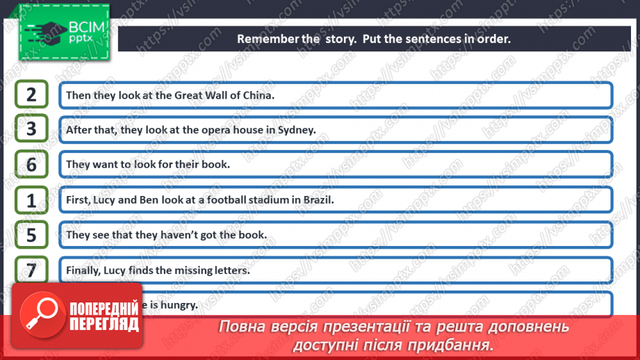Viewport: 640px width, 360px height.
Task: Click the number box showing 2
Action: tap(31, 95)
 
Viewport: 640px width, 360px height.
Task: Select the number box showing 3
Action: tap(31, 129)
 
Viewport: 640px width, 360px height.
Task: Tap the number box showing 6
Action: tap(31, 165)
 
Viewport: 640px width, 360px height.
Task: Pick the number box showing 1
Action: tap(31, 200)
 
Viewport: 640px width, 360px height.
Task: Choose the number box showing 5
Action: tap(31, 235)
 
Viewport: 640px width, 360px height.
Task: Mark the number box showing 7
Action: tap(31, 270)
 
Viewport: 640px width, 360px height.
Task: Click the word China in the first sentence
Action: tap(259, 95)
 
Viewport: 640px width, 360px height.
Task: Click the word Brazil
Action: tap(318, 200)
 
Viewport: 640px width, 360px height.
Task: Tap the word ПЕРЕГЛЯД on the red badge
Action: tap(104, 324)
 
